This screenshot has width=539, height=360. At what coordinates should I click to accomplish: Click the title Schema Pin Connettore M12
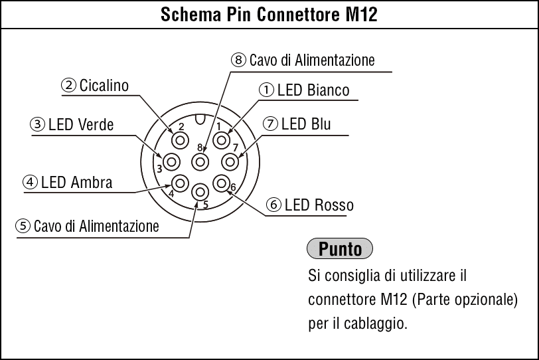[x=269, y=15]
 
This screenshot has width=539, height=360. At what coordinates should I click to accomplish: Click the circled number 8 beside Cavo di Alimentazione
[x=238, y=60]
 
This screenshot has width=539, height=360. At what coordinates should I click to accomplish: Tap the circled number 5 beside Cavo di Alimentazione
[x=23, y=226]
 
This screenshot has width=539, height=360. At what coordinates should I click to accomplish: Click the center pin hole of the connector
[x=200, y=162]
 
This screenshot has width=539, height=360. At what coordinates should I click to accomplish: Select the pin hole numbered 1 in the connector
[x=222, y=140]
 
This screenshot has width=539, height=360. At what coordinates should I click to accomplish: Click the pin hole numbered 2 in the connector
[x=180, y=140]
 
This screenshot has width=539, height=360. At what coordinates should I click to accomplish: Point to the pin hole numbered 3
[x=172, y=162]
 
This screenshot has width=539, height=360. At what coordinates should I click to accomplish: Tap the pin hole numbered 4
[x=180, y=183]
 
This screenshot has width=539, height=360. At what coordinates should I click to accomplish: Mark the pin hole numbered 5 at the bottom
[x=200, y=192]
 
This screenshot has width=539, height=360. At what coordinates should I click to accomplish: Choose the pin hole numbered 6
[x=222, y=183]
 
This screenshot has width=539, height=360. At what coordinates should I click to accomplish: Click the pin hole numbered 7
[x=230, y=162]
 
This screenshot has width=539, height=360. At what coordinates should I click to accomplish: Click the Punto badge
[x=340, y=248]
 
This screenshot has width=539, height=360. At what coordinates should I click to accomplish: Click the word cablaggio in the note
[x=376, y=323]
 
